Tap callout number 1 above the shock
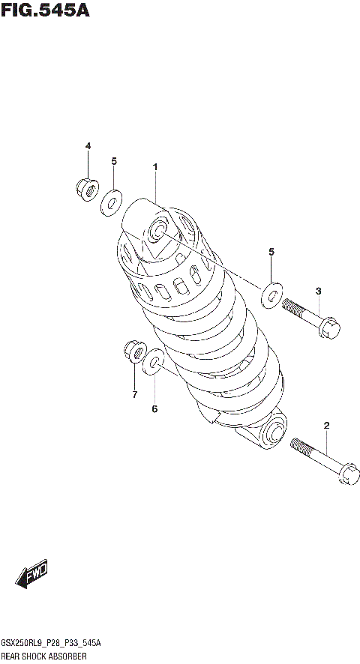[x=155, y=167]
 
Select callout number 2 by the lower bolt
[x=327, y=426]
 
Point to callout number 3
[x=318, y=291]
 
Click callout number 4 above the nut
[x=87, y=145]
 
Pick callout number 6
[x=154, y=408]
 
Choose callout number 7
[x=134, y=394]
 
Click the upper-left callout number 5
[x=114, y=161]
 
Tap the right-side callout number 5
[x=271, y=253]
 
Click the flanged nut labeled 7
[x=134, y=351]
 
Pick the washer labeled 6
[x=154, y=362]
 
